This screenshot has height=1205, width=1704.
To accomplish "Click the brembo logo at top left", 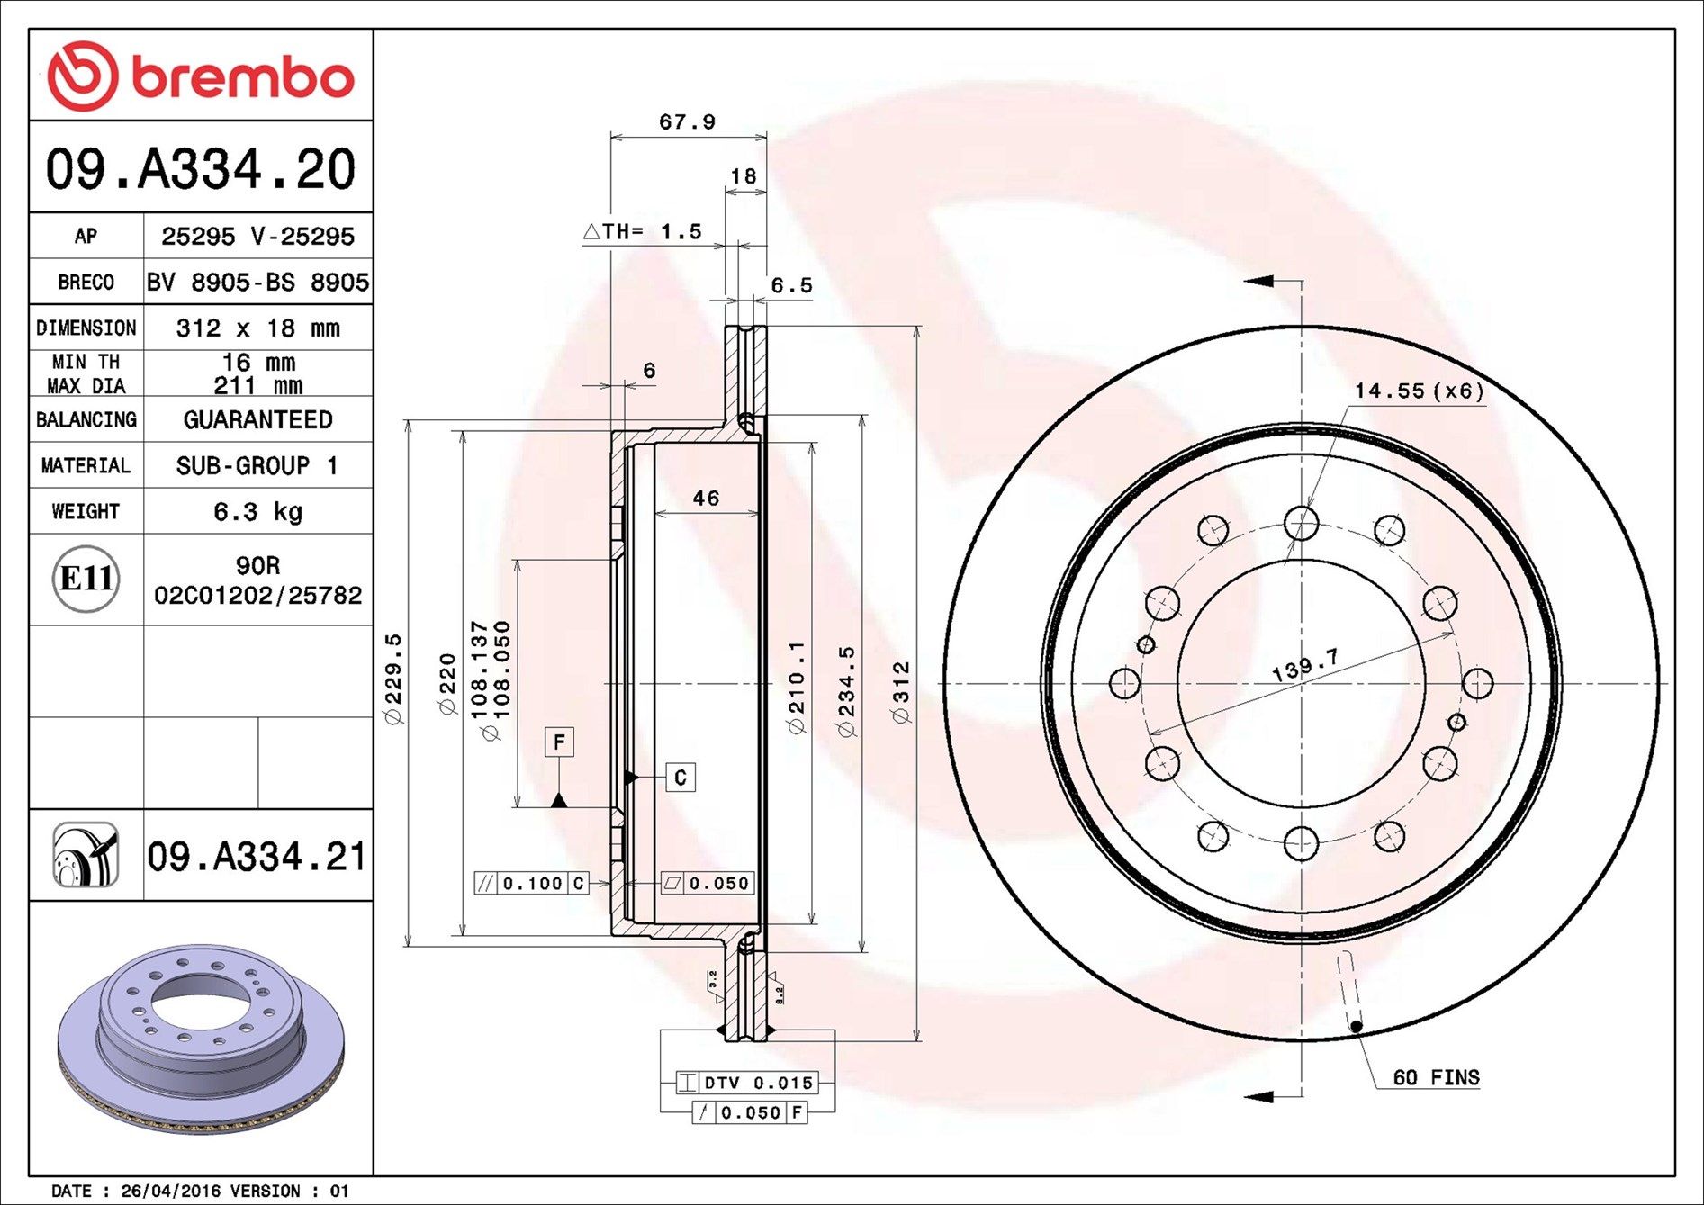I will pos(200,76).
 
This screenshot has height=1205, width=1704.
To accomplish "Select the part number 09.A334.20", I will pos(200,169).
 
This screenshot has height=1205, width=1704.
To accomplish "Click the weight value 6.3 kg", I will pos(257,512).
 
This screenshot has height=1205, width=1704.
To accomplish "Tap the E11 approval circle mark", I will pos(86,579).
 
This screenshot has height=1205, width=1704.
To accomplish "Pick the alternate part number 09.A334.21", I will pos(257,857).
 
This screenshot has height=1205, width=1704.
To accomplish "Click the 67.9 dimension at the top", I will pos(687,121).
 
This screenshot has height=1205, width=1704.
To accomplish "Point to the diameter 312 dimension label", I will pos(901,692).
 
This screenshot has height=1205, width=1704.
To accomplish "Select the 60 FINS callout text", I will pos(1435,1077).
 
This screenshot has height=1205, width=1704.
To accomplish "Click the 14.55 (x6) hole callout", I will pos(1418,391).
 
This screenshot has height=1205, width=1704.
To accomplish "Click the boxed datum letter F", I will pos(559,742).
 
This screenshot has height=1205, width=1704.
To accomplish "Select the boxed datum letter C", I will pos(681,778).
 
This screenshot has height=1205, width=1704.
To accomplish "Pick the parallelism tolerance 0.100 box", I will pos(531,884).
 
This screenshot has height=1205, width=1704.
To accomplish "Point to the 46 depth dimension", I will pos(706,499).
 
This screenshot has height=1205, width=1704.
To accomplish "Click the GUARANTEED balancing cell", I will pos(257,420).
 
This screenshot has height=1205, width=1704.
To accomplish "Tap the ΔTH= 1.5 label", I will pos(642,232).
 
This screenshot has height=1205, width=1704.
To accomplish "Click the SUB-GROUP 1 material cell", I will pos(257,466).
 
